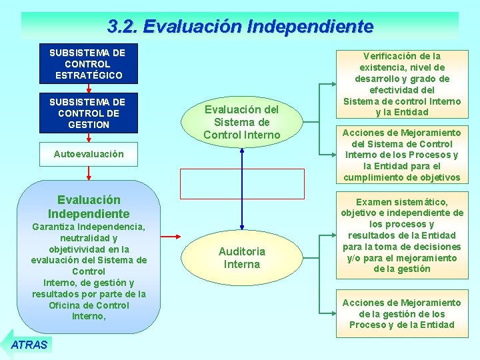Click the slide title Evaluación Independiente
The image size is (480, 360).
(240, 26)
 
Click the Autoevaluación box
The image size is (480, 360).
(89, 154)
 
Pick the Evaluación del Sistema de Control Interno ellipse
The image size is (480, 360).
(241, 122)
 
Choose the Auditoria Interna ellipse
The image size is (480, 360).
(241, 257)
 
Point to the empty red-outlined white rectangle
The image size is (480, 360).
(242, 184)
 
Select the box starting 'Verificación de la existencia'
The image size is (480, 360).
(401, 84)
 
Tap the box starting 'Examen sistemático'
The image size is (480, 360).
(401, 235)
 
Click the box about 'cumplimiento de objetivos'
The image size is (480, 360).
(401, 155)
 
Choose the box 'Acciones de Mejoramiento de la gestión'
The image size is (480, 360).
(401, 313)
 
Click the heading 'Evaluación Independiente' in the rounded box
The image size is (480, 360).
(89, 207)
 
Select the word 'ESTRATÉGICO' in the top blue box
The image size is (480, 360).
(89, 75)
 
